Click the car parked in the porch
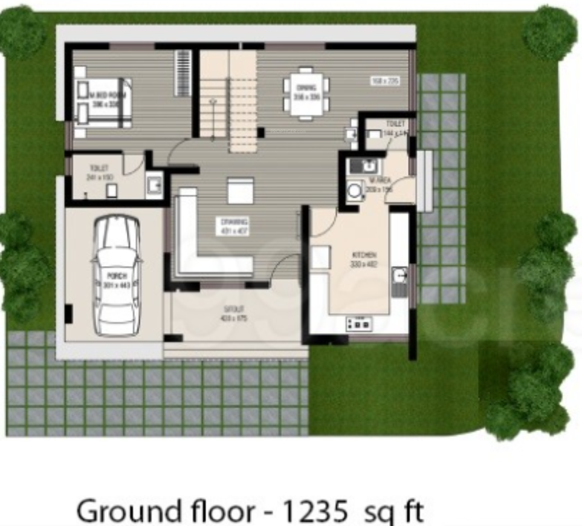[x=116, y=276]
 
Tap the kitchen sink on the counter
[x=399, y=277]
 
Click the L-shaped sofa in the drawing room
[x=199, y=248]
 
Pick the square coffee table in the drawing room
[x=241, y=190]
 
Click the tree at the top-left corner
[x=21, y=30]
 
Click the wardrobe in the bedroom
[x=183, y=73]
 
